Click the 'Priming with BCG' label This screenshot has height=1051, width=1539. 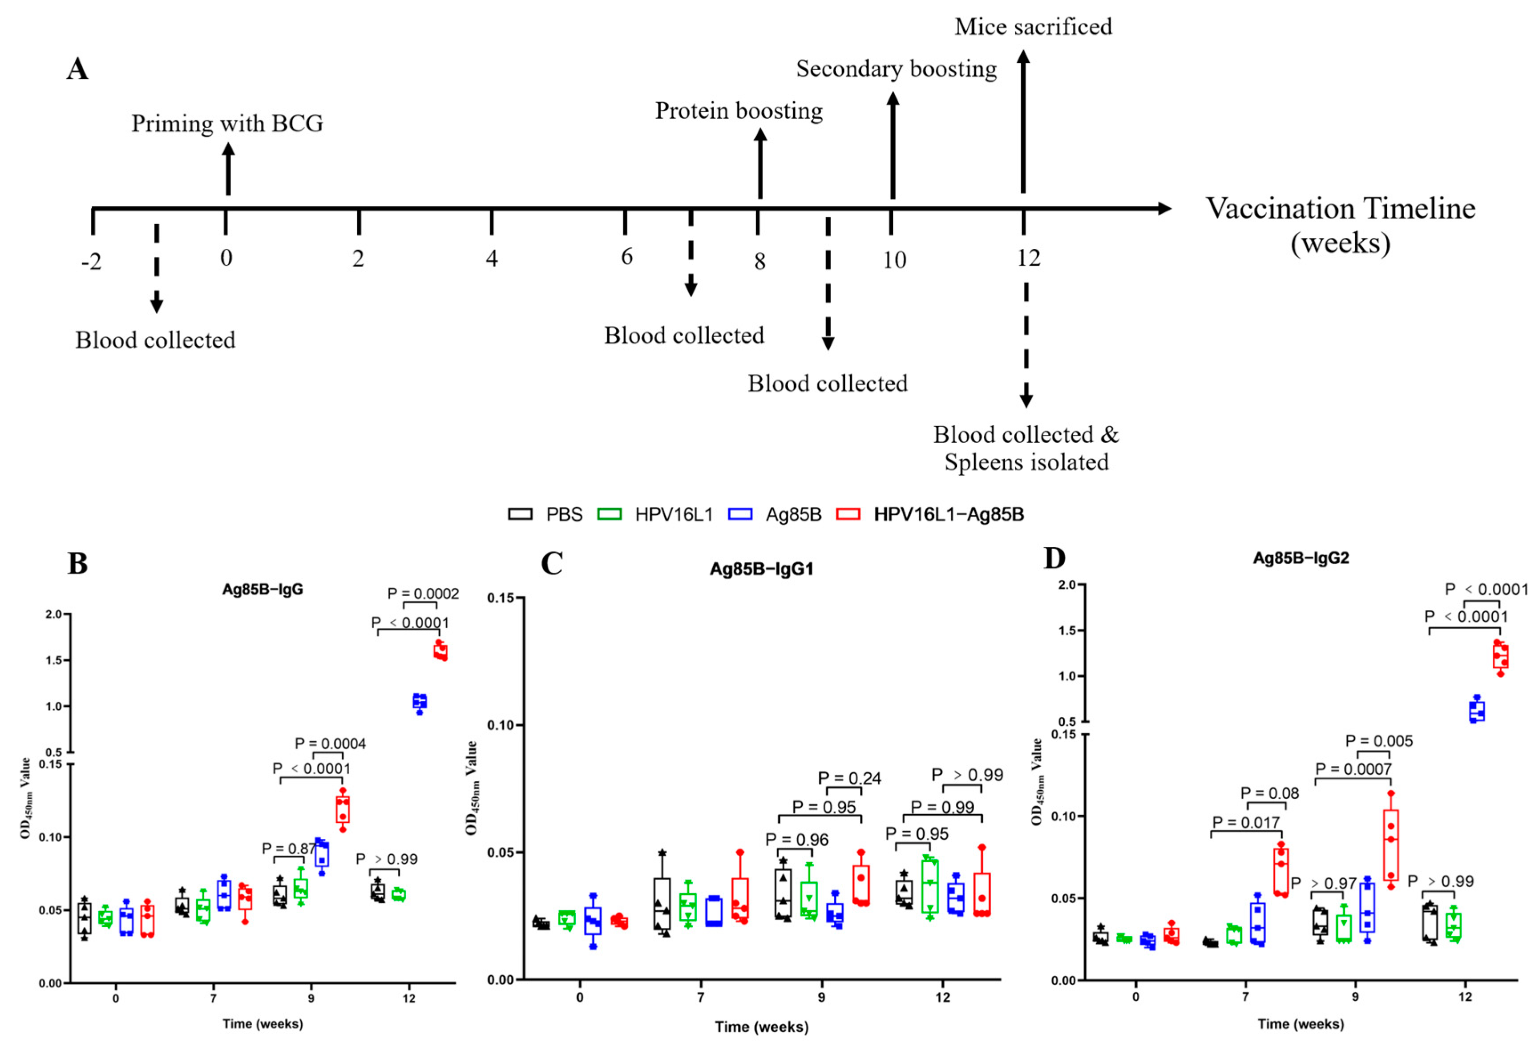[227, 124]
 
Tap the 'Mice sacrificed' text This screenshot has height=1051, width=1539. [1033, 27]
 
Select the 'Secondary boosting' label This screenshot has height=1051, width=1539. [896, 69]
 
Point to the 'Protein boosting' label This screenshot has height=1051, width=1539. [739, 111]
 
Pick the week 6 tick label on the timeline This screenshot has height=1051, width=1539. [626, 257]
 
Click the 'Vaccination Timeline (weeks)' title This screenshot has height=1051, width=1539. [1340, 225]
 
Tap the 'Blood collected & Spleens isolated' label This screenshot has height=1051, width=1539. [1026, 449]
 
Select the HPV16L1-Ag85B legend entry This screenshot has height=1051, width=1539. [930, 514]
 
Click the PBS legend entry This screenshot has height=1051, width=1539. [545, 514]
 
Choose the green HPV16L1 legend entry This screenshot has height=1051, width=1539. [655, 514]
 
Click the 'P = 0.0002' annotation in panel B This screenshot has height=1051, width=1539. [423, 594]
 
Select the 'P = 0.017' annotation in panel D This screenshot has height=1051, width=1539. [1246, 823]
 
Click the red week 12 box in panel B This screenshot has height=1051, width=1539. [440, 652]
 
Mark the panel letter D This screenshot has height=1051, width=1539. [1054, 558]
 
